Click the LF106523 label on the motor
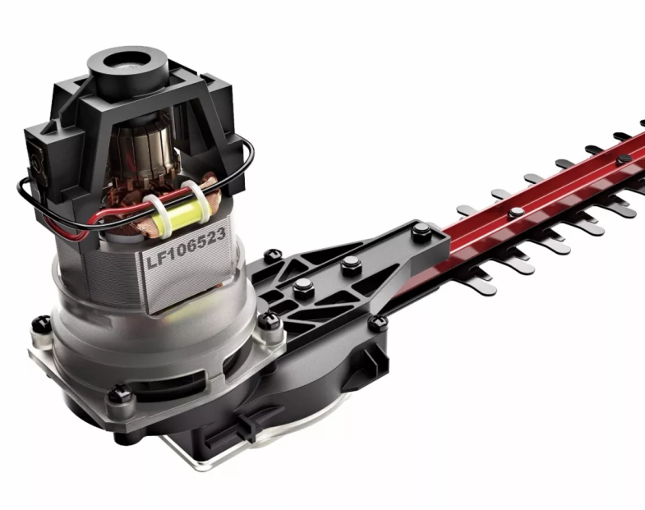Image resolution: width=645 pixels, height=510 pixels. [186, 249]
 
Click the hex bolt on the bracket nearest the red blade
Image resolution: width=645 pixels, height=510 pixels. [421, 230]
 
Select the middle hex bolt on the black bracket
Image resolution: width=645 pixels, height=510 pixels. [351, 264]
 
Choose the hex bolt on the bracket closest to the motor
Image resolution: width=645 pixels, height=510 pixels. [303, 285]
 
